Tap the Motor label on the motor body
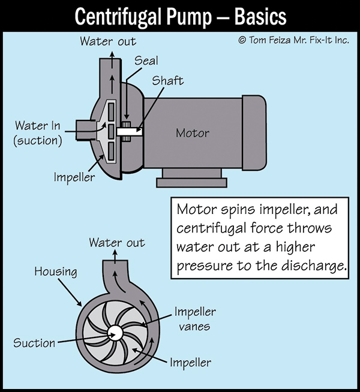tap(192, 132)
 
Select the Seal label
tap(146, 61)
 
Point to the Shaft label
tap(167, 81)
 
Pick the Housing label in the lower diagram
tap(55, 272)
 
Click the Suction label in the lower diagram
tap(34, 343)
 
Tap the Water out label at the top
tap(108, 41)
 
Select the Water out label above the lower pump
tap(117, 243)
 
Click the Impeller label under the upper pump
tap(74, 178)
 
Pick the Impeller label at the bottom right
tap(190, 362)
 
